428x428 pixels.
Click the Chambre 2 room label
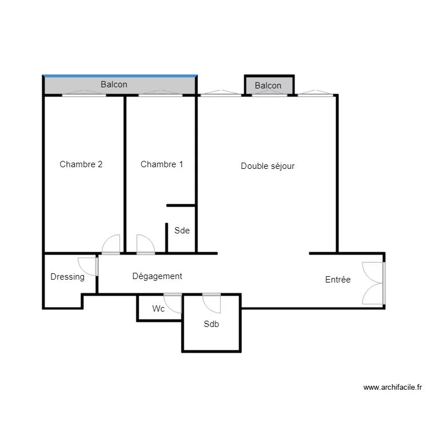coord(81,164)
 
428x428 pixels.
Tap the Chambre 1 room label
coord(161,164)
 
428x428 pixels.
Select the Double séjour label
coord(268,166)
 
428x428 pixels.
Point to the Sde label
coord(182,231)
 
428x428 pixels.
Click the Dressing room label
coord(67,277)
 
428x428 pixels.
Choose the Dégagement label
coord(158,276)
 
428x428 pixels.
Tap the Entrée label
coord(338,279)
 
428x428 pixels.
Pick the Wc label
coord(158,309)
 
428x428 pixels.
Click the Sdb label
coord(211,324)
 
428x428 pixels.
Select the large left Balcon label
coord(114,84)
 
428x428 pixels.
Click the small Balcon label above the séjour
coord(268,86)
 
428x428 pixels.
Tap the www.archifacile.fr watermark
coord(393,387)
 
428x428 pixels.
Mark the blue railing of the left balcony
coord(120,76)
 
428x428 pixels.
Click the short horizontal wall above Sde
coord(181,205)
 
